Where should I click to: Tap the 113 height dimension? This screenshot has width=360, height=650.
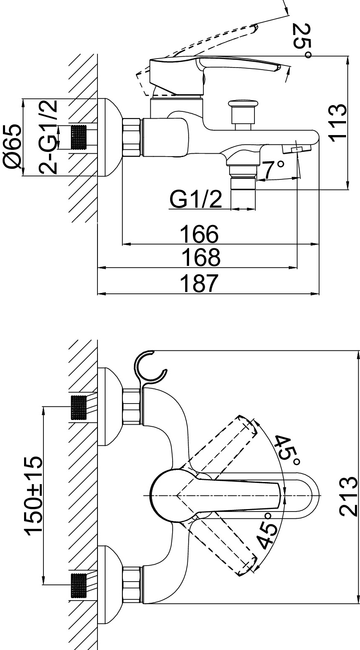tap(338, 123)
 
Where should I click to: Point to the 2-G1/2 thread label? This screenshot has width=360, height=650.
tap(48, 137)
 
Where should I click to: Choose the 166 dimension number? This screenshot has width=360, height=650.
tap(199, 234)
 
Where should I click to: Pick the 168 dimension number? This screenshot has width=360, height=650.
tap(200, 257)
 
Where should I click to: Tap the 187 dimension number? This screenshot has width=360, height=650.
tap(199, 283)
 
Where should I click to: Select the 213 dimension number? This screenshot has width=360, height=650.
tap(349, 496)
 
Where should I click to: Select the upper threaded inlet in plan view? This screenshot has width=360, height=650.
tap(78, 408)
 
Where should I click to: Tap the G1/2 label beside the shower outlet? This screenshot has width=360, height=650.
tap(195, 199)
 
